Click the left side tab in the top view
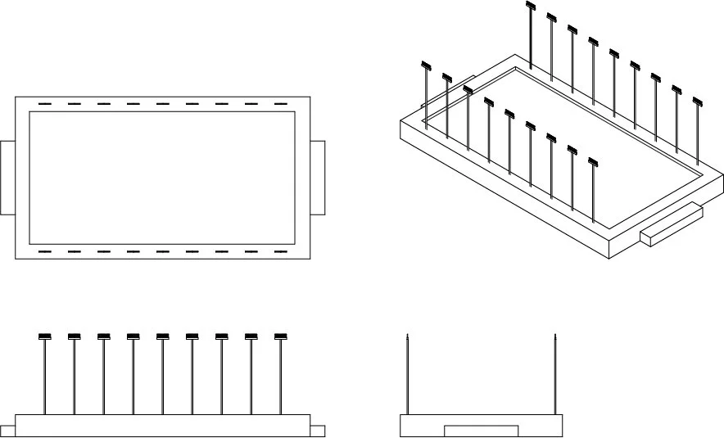tap(7, 178)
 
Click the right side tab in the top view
tap(318, 178)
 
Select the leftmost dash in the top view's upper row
tap(44, 105)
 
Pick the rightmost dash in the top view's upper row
tap(280, 105)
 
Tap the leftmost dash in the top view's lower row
tap(44, 251)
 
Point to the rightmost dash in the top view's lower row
tap(280, 251)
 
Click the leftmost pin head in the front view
tap(45, 336)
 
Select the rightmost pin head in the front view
tap(281, 336)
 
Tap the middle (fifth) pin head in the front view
tap(163, 336)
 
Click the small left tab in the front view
tap(7, 431)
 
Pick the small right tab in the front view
tap(318, 431)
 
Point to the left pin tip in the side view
tap(408, 336)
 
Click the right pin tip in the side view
tap(555, 336)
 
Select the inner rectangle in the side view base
tap(481, 431)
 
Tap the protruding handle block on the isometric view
tap(672, 226)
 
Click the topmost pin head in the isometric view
tap(531, 7)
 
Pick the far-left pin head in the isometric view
tap(426, 65)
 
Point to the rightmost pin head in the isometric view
tap(698, 102)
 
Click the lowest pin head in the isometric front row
tap(593, 151)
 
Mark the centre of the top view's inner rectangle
tap(162, 178)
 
